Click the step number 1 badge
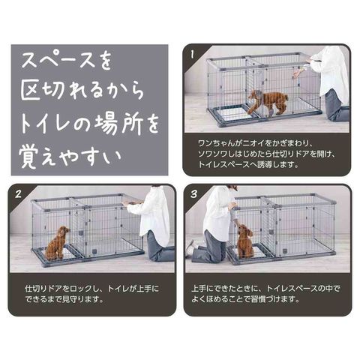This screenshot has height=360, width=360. pos(192,55)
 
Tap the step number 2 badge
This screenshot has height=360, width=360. pos(18,194)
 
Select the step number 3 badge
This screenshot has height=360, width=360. pos(193,194)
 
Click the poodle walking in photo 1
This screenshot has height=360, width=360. pos(268,103)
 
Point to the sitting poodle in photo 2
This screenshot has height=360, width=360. pos(58,242)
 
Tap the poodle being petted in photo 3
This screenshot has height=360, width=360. pos(245,241)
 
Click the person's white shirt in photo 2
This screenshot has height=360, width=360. pos(152,216)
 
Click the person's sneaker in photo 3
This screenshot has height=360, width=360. pos(191,245)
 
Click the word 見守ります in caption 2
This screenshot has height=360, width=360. pos(82,299)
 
